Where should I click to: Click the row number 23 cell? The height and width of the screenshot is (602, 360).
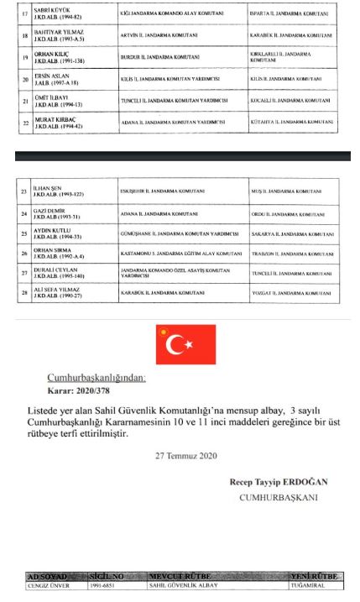pos(24,194)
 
